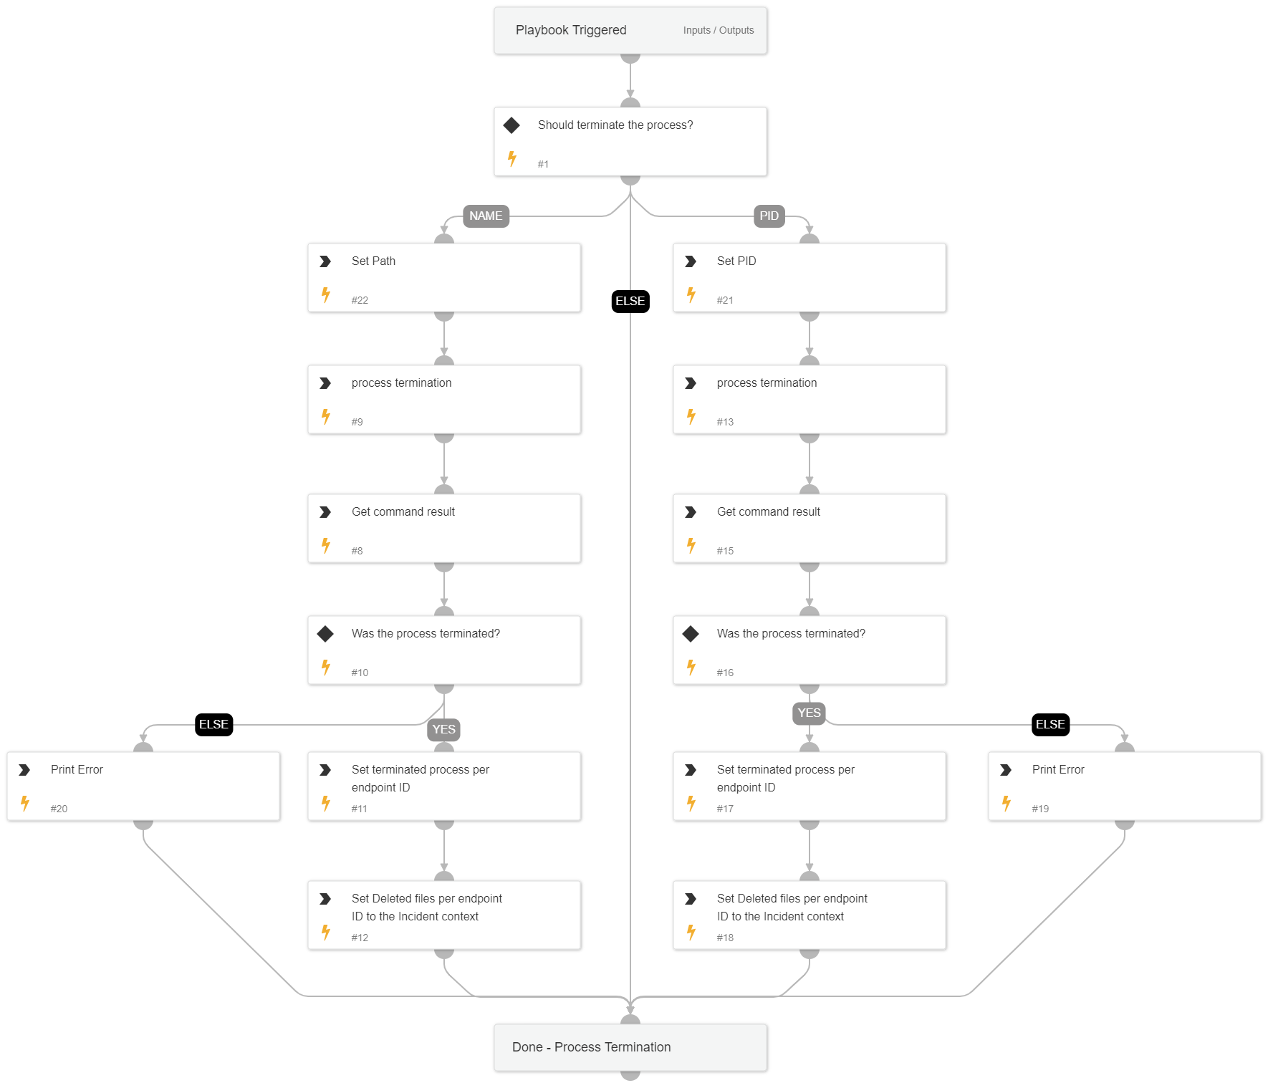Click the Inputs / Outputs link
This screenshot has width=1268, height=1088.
718,30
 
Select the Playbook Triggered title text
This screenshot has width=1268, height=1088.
571,30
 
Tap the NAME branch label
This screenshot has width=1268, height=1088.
486,216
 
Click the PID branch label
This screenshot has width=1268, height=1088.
769,216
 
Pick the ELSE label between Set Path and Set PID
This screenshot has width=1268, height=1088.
630,301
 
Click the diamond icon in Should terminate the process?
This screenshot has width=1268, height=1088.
511,125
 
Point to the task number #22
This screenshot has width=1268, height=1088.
360,300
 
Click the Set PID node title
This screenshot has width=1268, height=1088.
736,261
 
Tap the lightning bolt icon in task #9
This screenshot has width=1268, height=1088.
326,416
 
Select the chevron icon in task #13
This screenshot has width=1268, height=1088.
691,383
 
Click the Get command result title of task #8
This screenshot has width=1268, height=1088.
403,511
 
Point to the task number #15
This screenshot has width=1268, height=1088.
725,551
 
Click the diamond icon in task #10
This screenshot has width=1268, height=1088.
325,634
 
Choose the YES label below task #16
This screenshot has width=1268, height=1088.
809,713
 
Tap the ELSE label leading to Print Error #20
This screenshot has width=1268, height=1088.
213,724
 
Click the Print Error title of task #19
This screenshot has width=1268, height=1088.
1057,769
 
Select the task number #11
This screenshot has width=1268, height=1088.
359,809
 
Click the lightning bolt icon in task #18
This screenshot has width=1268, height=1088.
691,932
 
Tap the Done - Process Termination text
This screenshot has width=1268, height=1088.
591,1046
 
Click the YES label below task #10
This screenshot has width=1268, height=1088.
443,729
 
